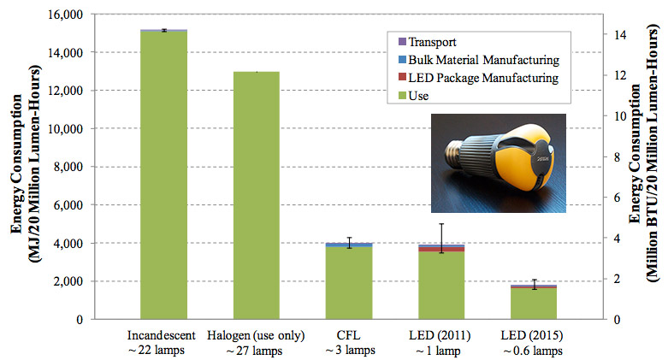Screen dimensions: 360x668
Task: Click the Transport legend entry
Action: pos(432,41)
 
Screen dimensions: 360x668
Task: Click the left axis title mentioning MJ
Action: pos(25,167)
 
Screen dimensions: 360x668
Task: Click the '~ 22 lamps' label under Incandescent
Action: pos(163,350)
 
